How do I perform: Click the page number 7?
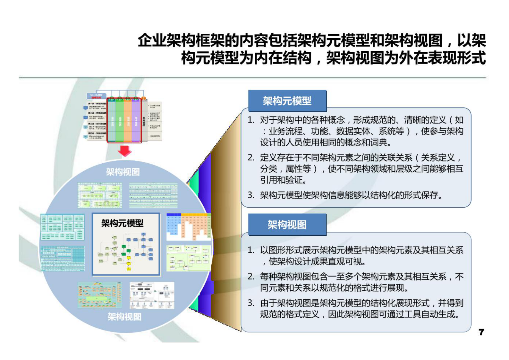click(481, 332)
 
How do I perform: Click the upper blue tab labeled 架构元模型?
click(287, 101)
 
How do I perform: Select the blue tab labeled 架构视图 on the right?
click(287, 225)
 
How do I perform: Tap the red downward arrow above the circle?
click(125, 151)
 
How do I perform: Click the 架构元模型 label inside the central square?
click(122, 223)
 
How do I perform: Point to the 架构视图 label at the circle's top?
click(123, 172)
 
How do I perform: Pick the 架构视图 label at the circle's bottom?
click(124, 317)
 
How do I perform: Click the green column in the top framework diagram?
click(119, 120)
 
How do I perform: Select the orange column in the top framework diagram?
click(128, 120)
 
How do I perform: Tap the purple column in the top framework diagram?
click(136, 120)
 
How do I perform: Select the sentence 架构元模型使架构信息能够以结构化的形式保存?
click(350, 195)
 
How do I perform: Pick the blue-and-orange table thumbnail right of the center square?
click(189, 227)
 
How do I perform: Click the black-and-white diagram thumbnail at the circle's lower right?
click(152, 296)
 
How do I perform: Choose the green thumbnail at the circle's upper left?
click(100, 195)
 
